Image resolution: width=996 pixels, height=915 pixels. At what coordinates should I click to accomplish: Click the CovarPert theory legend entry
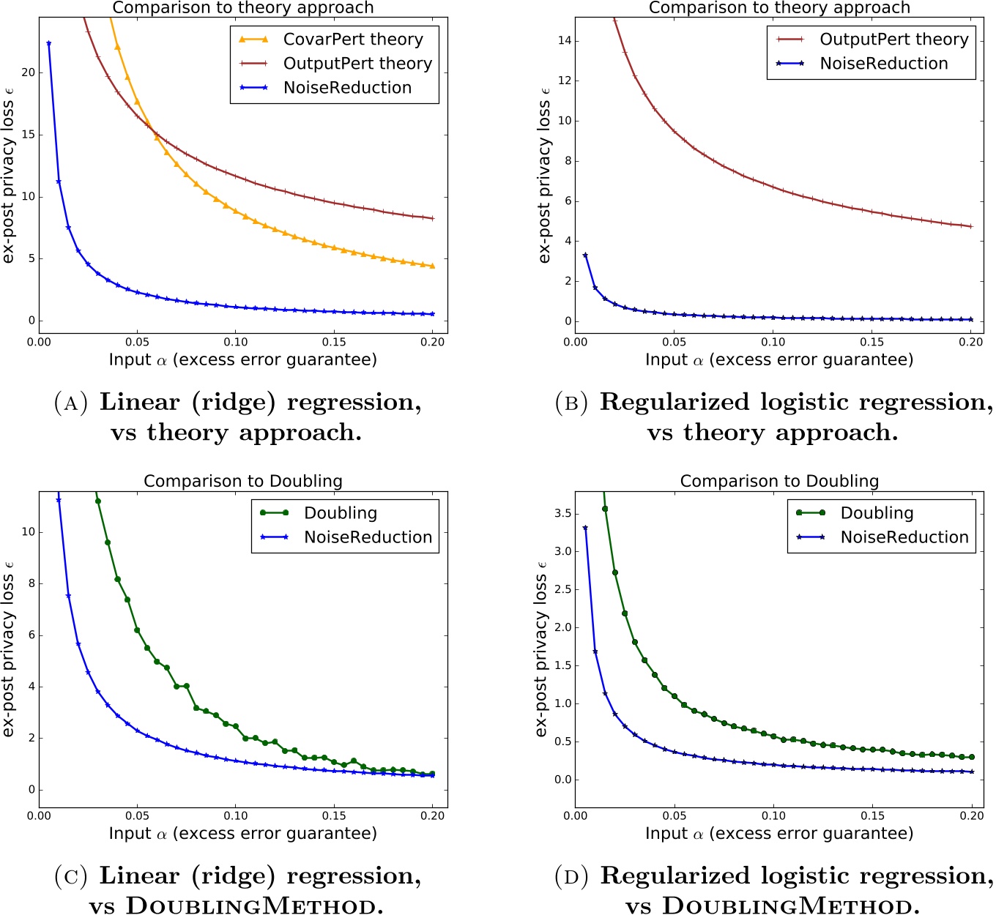(352, 40)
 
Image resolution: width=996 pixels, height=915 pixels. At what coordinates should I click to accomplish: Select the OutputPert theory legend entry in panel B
(893, 40)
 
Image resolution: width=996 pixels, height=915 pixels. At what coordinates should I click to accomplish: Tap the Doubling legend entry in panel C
(341, 513)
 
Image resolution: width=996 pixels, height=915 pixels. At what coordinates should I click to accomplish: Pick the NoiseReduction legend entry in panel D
(904, 537)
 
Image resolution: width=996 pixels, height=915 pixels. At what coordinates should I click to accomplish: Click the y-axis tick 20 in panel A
(28, 72)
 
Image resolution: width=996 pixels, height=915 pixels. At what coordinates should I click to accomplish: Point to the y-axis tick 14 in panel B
(563, 41)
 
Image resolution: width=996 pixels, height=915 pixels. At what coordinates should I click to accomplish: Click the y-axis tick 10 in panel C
(28, 532)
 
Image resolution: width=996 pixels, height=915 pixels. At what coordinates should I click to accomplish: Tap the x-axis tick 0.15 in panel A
(334, 343)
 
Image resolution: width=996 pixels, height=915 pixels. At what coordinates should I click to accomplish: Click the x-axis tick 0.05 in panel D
(674, 816)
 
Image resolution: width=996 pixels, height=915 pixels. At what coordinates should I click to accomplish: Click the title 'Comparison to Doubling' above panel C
(243, 481)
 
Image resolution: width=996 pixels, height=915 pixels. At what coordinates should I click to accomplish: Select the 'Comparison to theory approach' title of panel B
(779, 8)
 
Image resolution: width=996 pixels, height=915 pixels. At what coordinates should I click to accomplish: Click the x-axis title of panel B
(779, 360)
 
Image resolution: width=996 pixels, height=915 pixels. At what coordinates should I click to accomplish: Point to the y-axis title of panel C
(9, 649)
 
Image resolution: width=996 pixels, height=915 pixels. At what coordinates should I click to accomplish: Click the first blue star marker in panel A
(48, 43)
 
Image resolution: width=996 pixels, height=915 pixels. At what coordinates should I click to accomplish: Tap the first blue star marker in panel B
(585, 255)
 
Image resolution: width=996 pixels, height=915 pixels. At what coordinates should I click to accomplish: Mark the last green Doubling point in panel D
(971, 757)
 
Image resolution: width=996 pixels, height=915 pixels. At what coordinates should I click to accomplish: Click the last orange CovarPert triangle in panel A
(432, 266)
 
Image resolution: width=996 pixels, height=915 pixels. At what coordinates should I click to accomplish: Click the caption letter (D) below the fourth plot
(571, 876)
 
